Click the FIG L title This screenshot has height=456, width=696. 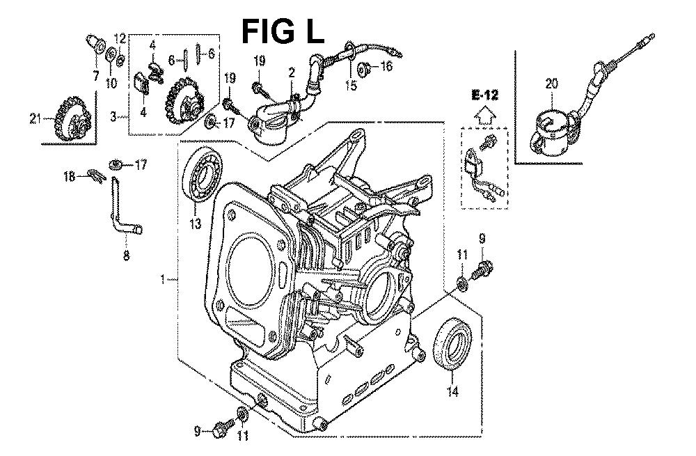283,31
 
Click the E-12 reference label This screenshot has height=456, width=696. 484,95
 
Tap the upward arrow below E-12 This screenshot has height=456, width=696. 484,116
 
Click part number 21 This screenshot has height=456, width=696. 35,118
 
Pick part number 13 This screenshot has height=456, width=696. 196,223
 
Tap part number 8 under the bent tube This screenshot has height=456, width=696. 127,255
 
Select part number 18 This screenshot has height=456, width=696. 69,177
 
